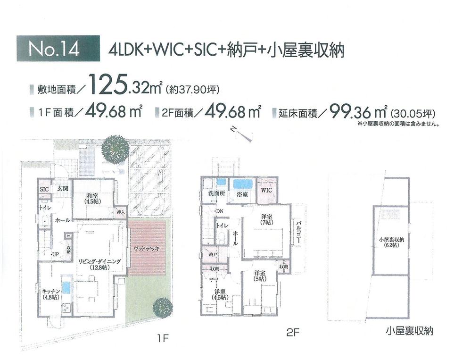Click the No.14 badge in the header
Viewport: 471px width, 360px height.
click(58, 49)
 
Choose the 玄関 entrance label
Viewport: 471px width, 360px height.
click(63, 188)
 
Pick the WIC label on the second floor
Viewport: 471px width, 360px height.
click(266, 190)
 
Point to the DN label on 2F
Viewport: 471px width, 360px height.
click(219, 211)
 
